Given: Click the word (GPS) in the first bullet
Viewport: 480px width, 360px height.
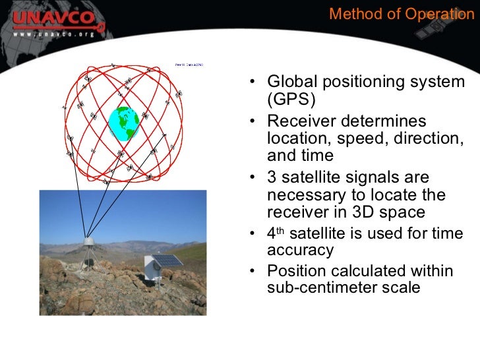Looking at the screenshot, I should pyautogui.click(x=291, y=100).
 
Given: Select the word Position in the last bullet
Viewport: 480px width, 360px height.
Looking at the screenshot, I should pyautogui.click(x=295, y=270).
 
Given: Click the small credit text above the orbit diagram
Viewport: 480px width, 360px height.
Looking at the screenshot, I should pyautogui.click(x=189, y=65).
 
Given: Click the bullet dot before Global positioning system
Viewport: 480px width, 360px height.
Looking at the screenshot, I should pyautogui.click(x=254, y=83).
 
